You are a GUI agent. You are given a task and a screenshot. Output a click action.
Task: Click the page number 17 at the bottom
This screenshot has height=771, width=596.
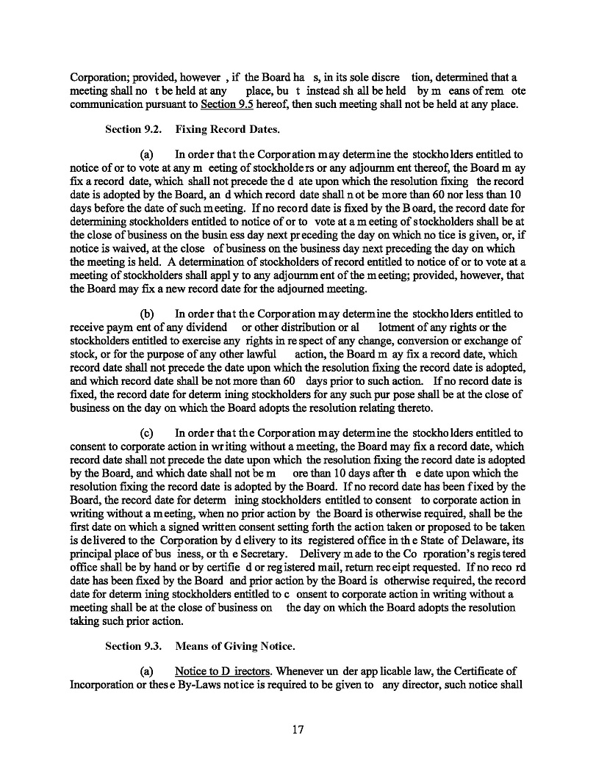(x=298, y=730)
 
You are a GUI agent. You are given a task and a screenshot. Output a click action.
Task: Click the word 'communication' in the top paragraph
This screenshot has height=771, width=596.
(x=107, y=102)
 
